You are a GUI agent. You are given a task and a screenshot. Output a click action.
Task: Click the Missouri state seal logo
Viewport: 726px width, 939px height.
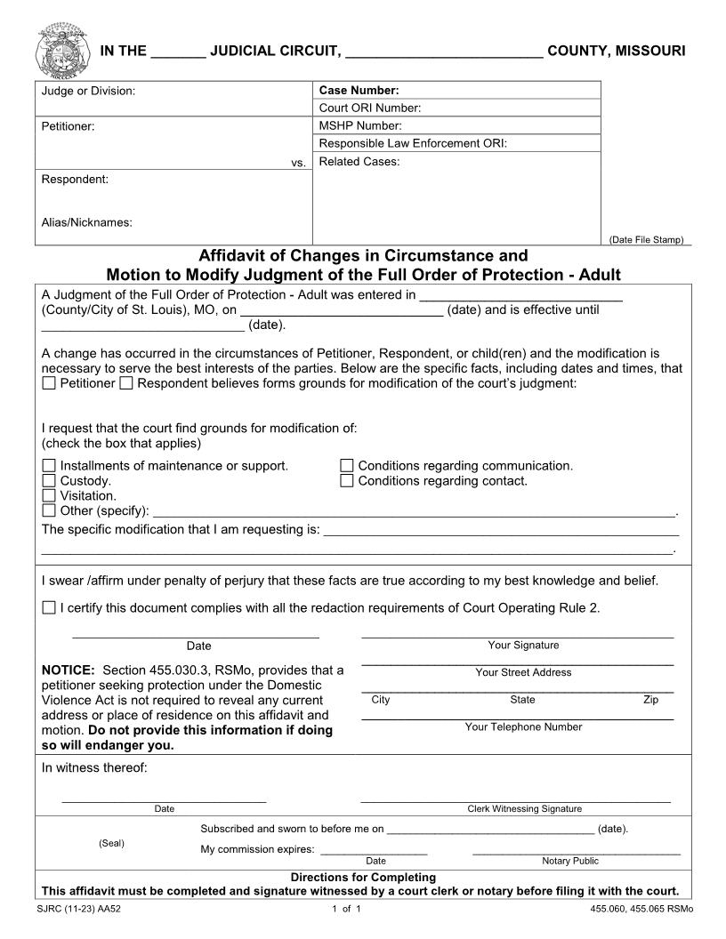pos(62,51)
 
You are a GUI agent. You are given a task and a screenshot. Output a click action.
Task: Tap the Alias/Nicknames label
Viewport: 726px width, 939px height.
pos(87,222)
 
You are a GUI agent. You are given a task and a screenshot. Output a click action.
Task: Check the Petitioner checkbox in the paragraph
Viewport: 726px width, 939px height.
pos(49,383)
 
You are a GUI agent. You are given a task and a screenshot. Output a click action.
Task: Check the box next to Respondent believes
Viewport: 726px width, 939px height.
pos(126,383)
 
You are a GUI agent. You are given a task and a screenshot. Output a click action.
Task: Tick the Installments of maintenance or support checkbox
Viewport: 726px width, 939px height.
pos(49,466)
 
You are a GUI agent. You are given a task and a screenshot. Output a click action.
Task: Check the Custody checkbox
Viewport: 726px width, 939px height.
pos(49,481)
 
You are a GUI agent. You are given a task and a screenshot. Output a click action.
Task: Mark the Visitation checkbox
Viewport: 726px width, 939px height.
pos(49,496)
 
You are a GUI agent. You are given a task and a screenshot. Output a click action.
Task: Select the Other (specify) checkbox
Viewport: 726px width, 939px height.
pos(49,511)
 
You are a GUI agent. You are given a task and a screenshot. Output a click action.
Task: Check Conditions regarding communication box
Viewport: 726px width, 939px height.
pos(347,466)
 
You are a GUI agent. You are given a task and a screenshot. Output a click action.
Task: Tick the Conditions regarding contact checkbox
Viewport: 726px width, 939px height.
pos(347,481)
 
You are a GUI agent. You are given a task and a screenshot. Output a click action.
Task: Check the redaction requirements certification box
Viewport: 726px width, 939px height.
pos(49,608)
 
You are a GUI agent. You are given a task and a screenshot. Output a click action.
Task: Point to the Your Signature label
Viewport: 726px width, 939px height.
pos(523,646)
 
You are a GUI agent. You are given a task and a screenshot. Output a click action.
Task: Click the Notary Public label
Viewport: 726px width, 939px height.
pos(570,861)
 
